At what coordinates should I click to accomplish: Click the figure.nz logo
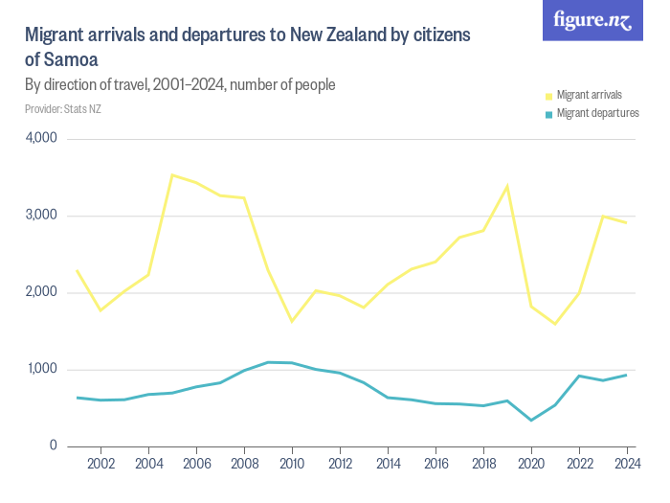tap(592, 21)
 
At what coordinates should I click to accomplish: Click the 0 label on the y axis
tap(54, 446)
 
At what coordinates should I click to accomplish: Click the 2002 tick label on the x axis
tap(100, 464)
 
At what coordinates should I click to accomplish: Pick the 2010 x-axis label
tap(292, 464)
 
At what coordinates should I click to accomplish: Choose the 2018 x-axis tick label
tap(483, 464)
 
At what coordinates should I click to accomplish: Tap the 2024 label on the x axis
tap(626, 464)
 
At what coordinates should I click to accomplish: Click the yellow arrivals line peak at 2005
tap(172, 174)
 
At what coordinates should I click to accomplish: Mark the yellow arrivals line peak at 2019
tap(507, 185)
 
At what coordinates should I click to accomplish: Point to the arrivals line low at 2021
tap(555, 324)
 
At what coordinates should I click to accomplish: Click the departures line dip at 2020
tap(531, 420)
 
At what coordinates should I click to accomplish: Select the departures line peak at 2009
tap(268, 362)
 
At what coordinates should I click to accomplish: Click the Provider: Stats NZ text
tap(63, 108)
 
